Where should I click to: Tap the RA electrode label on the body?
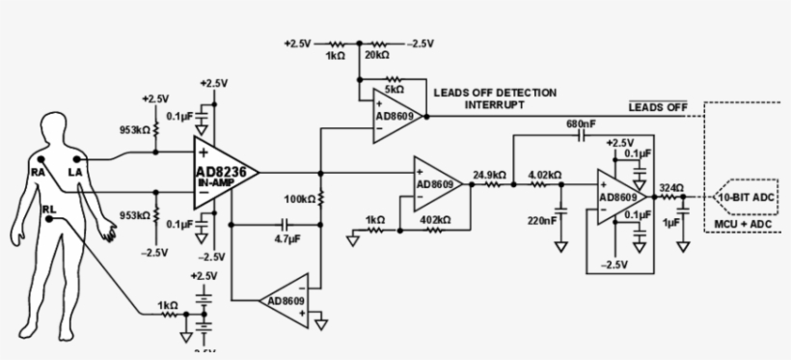click(37, 171)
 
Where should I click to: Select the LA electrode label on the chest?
click(75, 171)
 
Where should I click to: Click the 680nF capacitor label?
click(582, 125)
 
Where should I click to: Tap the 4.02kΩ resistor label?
click(545, 175)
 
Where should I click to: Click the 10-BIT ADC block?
click(746, 197)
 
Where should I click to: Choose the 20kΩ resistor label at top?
click(374, 56)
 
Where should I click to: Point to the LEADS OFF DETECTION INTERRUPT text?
click(495, 97)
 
